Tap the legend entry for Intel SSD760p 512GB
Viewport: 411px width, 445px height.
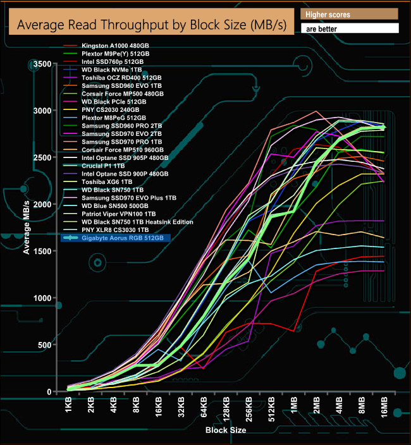click(x=114, y=62)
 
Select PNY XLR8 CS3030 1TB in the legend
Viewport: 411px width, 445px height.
click(x=113, y=229)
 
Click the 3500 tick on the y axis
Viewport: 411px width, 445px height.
click(x=41, y=64)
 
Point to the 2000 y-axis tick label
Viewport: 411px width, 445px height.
click(x=41, y=205)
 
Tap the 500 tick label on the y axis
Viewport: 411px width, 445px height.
click(x=44, y=345)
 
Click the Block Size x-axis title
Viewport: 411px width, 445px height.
click(x=226, y=430)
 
